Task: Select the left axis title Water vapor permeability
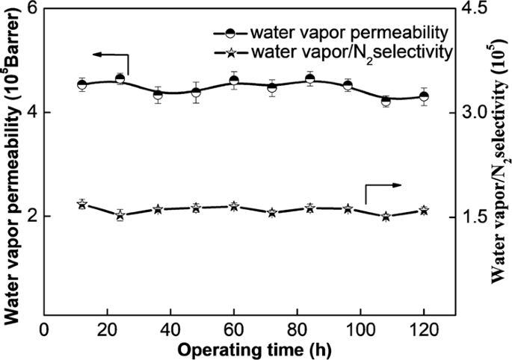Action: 12,161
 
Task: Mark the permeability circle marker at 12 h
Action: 82,84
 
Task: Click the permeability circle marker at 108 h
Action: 386,102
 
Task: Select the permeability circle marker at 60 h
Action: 234,81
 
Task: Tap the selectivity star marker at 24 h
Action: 120,215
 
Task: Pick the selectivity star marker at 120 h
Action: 424,211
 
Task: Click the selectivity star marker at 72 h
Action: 272,213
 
